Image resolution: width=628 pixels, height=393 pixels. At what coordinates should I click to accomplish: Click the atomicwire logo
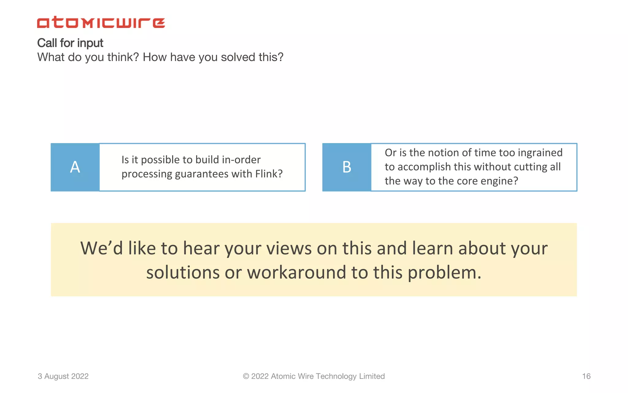pos(101,22)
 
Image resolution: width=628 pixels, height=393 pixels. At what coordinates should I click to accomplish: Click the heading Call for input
pos(70,43)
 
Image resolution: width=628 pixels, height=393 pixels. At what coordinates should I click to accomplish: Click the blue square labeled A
pos(75,167)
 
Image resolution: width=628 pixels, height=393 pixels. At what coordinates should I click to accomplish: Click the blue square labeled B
pos(347,167)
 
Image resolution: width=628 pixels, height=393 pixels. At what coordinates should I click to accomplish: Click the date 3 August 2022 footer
pos(63,376)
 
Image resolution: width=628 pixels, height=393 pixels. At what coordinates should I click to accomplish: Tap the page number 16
pos(586,376)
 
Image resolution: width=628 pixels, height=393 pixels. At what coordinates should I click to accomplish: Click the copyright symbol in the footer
pos(246,376)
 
